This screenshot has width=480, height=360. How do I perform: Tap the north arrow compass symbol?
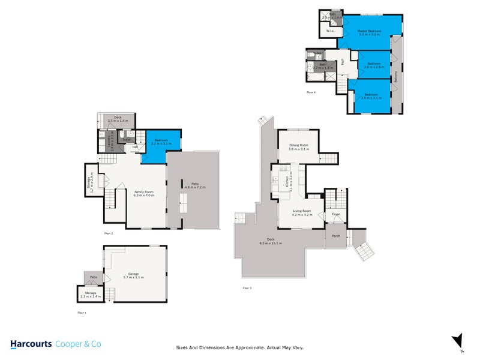(457, 340)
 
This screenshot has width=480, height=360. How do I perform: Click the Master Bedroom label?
(370, 32)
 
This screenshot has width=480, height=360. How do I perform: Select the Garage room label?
(133, 275)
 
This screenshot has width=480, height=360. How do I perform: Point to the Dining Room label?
(298, 146)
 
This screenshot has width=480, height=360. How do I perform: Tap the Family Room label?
(144, 192)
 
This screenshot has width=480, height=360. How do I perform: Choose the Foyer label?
(336, 214)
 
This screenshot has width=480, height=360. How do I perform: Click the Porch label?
(336, 236)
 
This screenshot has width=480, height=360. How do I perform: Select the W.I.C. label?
(330, 31)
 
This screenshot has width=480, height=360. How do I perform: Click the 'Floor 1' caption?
(82, 313)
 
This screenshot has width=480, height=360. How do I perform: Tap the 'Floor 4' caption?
(311, 92)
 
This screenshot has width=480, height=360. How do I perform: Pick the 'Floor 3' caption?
(247, 289)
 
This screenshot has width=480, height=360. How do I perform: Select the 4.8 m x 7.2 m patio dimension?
(195, 188)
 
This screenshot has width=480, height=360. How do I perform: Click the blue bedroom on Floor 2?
(161, 145)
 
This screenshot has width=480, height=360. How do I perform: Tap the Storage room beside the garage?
(90, 295)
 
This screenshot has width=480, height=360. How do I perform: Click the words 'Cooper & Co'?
(78, 344)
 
